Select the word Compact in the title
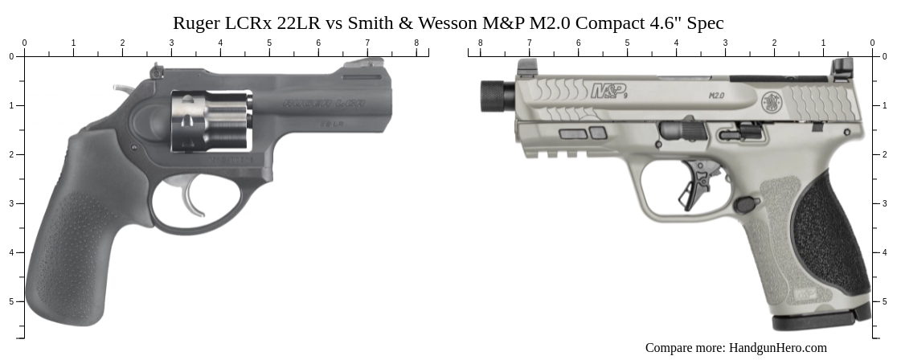[x=610, y=22]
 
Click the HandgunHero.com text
[x=777, y=348]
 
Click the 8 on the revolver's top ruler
[x=416, y=43]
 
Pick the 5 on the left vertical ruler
[x=10, y=301]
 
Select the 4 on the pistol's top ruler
[x=676, y=43]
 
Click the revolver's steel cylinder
[x=211, y=121]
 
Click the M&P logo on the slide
[x=608, y=92]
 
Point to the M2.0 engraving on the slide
[x=716, y=96]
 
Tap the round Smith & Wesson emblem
[x=772, y=102]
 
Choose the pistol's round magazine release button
[x=745, y=204]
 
